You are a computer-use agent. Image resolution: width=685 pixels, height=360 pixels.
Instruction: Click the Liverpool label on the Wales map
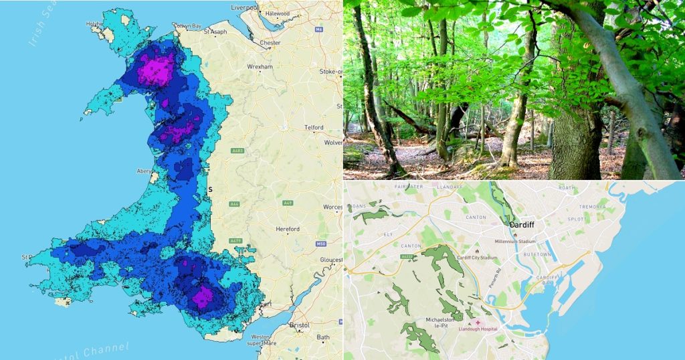[244, 7]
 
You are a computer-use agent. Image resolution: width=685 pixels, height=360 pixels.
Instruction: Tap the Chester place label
[270, 43]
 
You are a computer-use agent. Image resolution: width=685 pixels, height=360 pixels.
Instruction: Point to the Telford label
[314, 127]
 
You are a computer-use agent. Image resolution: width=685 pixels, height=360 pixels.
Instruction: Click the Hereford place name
[288, 229]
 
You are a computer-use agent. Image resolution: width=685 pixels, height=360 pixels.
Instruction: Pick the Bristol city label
[300, 325]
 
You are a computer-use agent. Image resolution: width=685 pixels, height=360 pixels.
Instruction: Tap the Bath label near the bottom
[323, 337]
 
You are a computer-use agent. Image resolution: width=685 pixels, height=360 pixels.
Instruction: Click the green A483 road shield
[237, 151]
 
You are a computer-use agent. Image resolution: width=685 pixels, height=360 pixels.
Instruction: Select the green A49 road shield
[288, 203]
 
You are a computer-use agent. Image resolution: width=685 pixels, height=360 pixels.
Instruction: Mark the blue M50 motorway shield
[320, 244]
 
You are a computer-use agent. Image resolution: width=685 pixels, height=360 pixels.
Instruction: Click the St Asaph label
[216, 31]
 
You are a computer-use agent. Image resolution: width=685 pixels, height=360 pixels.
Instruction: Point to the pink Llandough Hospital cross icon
[478, 322]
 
